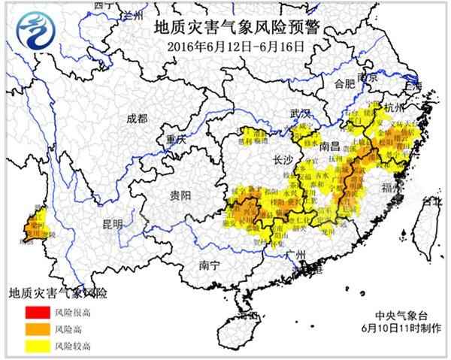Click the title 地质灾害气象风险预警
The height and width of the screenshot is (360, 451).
click(236, 29)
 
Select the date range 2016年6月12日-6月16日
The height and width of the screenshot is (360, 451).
click(236, 45)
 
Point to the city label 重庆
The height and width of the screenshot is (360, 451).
click(177, 139)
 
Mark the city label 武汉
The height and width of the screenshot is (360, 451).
click(301, 113)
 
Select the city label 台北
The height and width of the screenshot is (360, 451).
click(434, 201)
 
